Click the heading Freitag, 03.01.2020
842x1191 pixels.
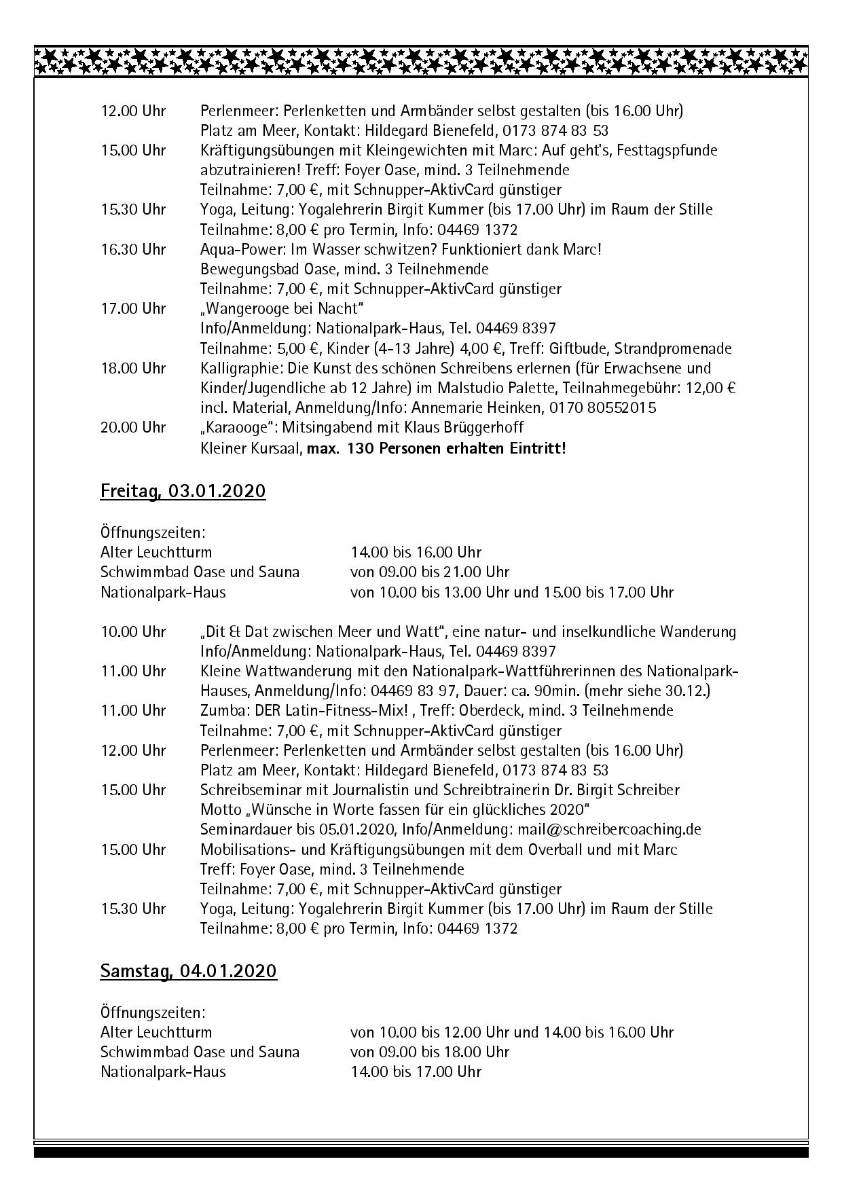183,490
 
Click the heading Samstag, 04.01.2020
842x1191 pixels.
188,971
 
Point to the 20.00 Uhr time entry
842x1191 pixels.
133,428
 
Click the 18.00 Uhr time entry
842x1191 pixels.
133,368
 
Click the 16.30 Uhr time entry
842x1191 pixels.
133,249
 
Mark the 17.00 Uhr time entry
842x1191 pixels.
133,308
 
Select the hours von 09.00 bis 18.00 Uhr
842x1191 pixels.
429,1052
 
